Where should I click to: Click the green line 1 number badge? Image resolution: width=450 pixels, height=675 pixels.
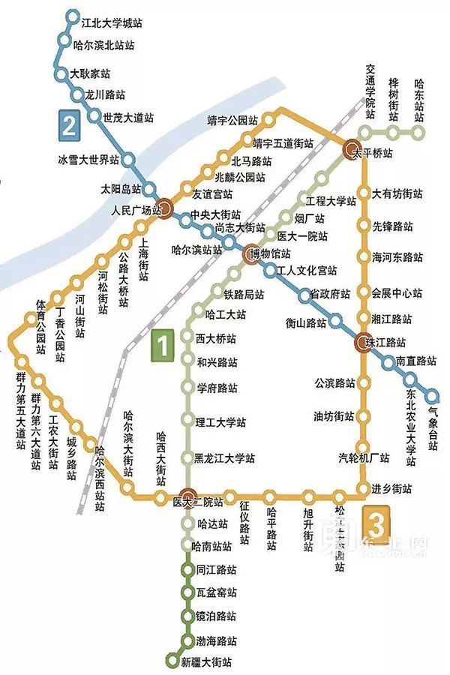pyautogui.click(x=163, y=346)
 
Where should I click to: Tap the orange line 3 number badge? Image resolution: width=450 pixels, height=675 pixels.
pyautogui.click(x=377, y=519)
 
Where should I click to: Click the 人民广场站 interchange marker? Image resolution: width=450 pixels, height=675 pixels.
pyautogui.click(x=166, y=210)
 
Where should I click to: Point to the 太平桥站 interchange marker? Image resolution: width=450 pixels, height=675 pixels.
pyautogui.click(x=354, y=150)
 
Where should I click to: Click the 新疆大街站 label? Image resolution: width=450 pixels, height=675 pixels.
pyautogui.click(x=206, y=662)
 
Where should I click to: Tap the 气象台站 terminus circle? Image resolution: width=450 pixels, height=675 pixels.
pyautogui.click(x=433, y=395)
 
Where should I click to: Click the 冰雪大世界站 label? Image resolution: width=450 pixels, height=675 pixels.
pyautogui.click(x=88, y=160)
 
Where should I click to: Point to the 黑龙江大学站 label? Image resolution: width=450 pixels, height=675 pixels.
pyautogui.click(x=224, y=458)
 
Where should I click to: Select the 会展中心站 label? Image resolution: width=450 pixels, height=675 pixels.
pyautogui.click(x=397, y=292)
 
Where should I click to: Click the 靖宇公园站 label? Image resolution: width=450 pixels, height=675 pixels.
pyautogui.click(x=233, y=119)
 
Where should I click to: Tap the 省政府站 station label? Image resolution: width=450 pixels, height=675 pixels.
pyautogui.click(x=331, y=294)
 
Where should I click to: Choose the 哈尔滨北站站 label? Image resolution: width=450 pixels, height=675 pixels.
pyautogui.click(x=104, y=46)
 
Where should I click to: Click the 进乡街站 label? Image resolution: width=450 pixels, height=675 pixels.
pyautogui.click(x=391, y=489)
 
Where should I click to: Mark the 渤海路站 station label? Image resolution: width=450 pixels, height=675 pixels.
pyautogui.click(x=216, y=642)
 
